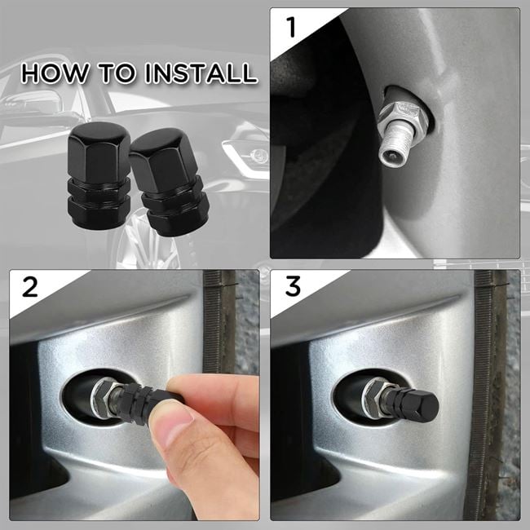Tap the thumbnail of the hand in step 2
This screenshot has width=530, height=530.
[x=173, y=425]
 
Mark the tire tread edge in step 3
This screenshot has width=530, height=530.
[x=488, y=391]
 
